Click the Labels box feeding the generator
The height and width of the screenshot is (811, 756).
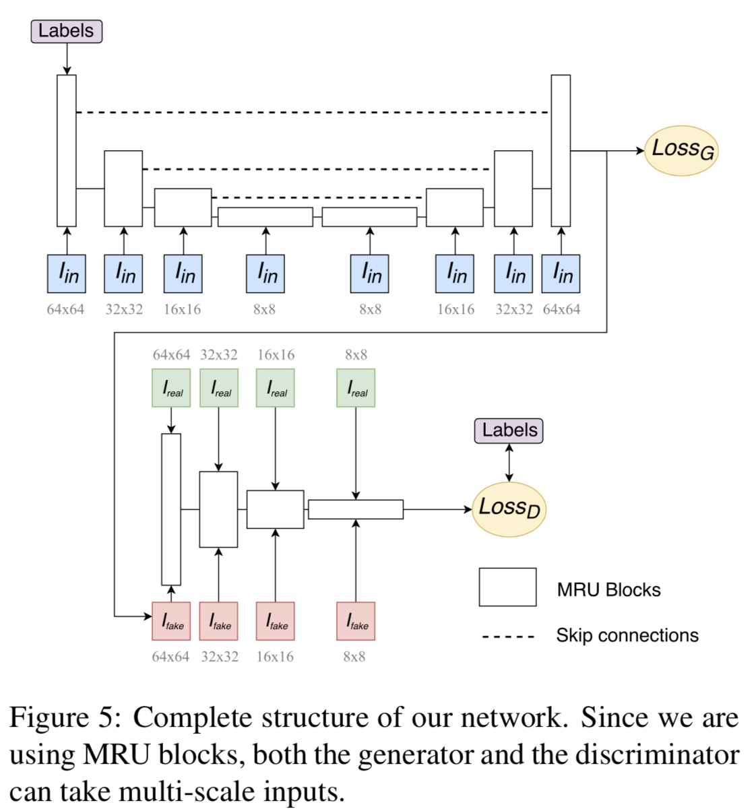[x=66, y=32]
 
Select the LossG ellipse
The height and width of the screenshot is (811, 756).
[x=681, y=150]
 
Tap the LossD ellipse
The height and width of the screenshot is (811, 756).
[x=509, y=509]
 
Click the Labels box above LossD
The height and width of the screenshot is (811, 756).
[x=509, y=430]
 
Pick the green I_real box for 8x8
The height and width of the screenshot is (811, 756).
[x=356, y=388]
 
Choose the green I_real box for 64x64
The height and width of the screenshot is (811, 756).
[x=171, y=388]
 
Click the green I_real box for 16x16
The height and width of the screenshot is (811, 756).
[x=275, y=388]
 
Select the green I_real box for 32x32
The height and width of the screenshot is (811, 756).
[x=219, y=388]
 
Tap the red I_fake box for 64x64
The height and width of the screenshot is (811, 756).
[x=171, y=621]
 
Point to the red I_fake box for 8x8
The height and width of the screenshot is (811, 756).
[x=356, y=621]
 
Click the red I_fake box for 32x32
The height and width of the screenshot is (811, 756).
[x=219, y=621]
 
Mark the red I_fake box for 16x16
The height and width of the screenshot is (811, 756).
[x=275, y=621]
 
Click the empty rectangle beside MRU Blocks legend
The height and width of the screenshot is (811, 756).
[x=507, y=587]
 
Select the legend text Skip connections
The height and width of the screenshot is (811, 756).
[x=627, y=635]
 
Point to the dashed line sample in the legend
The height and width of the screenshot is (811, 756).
[x=508, y=636]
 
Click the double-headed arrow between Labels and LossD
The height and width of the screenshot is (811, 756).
[x=509, y=463]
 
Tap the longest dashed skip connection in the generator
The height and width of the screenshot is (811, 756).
[x=313, y=112]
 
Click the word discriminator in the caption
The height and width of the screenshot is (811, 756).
[x=657, y=754]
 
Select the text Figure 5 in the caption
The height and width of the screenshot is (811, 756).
[x=64, y=717]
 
